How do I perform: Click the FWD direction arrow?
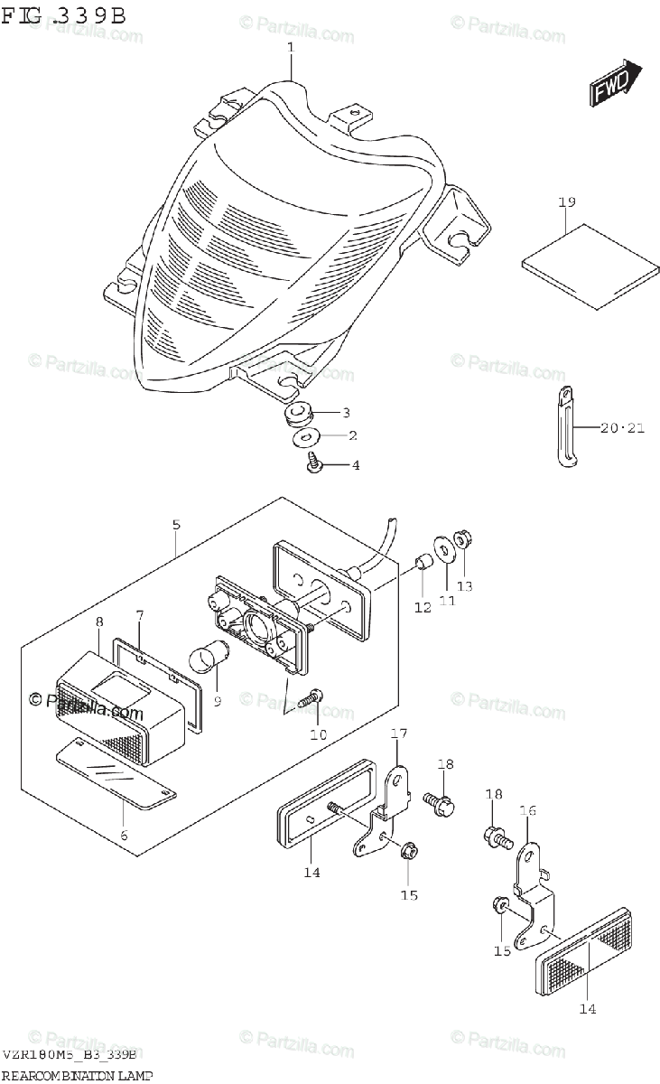(x=616, y=84)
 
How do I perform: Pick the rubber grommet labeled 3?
(x=298, y=416)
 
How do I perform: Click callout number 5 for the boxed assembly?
(x=176, y=524)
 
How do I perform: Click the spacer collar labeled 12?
(x=422, y=566)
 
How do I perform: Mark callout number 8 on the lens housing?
(x=99, y=621)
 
